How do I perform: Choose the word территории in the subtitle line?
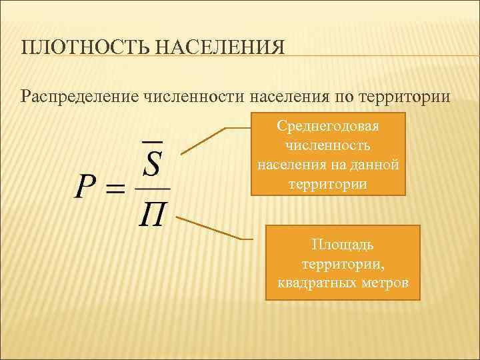(405, 97)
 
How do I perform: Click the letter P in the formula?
(87, 187)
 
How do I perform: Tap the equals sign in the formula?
(115, 189)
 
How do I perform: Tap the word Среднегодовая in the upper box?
(327, 126)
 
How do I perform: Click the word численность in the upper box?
(327, 145)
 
